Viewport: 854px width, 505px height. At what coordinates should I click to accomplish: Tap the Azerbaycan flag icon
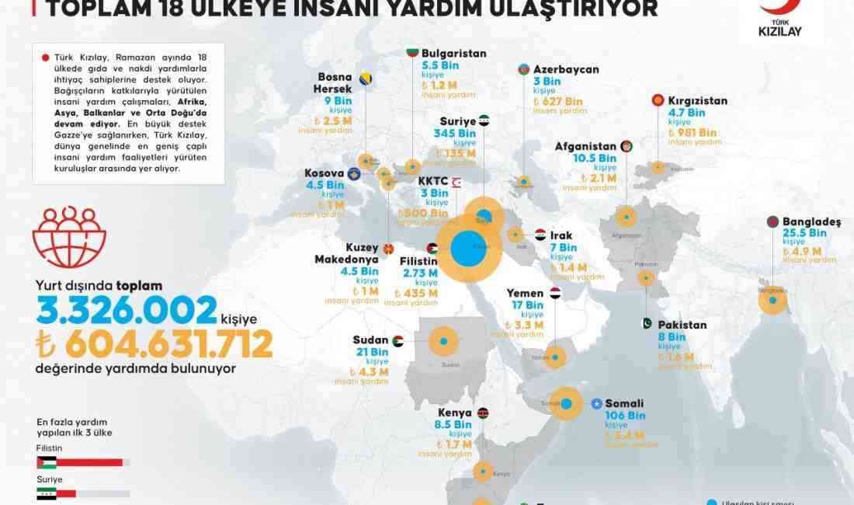[x=524, y=69]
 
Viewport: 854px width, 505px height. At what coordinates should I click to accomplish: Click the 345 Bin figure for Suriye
[x=454, y=133]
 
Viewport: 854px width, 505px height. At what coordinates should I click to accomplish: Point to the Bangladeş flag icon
[x=772, y=221]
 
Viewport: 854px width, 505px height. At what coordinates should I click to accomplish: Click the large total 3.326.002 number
[x=126, y=310]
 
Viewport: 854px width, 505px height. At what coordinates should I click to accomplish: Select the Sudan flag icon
[x=397, y=341]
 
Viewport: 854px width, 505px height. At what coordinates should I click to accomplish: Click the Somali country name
[x=625, y=404]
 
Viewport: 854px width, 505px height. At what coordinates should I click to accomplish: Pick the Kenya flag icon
[x=483, y=413]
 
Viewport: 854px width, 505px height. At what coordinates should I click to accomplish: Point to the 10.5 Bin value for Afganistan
[x=595, y=158]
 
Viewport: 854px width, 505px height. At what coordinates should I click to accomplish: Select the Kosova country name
[x=324, y=172]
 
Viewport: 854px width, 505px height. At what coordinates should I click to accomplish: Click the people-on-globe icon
[x=69, y=238]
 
